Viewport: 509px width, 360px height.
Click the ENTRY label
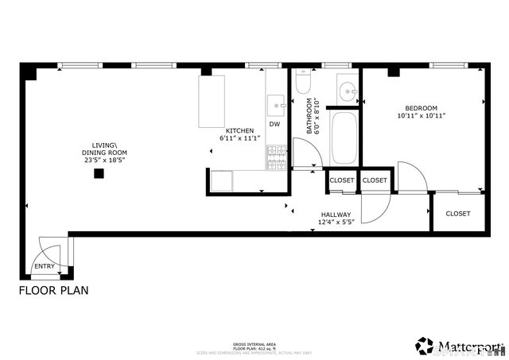pyautogui.click(x=45, y=266)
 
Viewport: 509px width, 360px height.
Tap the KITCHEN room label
pyautogui.click(x=239, y=130)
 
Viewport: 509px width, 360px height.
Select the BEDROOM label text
pyautogui.click(x=421, y=108)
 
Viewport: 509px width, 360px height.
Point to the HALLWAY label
pyautogui.click(x=336, y=215)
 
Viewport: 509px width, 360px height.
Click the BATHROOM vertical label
pyautogui.click(x=309, y=116)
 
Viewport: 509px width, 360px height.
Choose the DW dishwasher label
pyautogui.click(x=274, y=124)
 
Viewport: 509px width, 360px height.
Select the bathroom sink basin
pyautogui.click(x=348, y=90)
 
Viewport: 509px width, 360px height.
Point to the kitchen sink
pyautogui.click(x=276, y=103)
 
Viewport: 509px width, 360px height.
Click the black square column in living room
pyautogui.click(x=99, y=173)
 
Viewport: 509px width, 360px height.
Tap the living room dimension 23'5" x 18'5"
pyautogui.click(x=106, y=160)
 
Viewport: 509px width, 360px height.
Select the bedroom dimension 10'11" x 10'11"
pyautogui.click(x=421, y=116)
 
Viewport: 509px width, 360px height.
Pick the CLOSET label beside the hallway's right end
pyautogui.click(x=457, y=213)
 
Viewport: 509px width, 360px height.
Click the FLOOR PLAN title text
pyautogui.click(x=53, y=290)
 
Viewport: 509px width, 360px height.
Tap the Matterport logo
pyautogui.click(x=460, y=346)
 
